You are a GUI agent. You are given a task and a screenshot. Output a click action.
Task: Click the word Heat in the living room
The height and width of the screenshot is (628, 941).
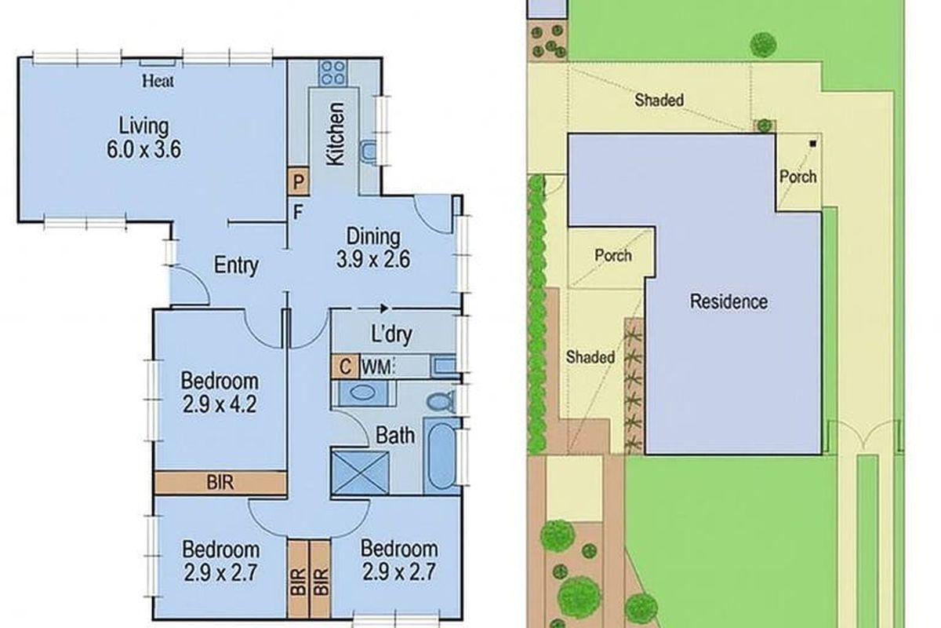coord(158,81)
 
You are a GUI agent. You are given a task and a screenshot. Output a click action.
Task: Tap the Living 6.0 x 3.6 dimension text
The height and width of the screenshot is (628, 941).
coord(144,137)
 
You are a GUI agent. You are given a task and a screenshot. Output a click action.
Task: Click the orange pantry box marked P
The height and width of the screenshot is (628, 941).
coord(298,181)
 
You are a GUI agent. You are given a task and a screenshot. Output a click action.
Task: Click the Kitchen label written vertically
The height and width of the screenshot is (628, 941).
coord(335,133)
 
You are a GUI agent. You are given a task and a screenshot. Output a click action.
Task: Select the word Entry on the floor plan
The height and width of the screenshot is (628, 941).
coord(236,265)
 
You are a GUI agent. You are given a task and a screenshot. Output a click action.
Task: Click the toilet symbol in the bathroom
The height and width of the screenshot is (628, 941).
coord(441,400)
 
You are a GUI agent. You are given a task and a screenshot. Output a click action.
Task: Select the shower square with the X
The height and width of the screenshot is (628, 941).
coord(357,470)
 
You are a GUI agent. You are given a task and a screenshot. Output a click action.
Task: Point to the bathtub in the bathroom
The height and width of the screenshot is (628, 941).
coord(441,458)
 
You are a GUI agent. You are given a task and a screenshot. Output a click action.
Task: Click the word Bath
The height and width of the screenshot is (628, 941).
coord(395,434)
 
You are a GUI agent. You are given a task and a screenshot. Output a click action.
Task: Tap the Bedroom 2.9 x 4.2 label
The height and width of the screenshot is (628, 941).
coord(220,393)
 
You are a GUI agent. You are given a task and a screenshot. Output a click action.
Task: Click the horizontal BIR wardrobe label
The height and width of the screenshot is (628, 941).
coord(220,482)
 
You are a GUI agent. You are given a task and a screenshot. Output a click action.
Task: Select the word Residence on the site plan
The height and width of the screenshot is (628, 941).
coord(728,301)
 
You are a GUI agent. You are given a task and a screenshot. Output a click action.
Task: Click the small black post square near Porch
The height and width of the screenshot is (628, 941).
coord(812,144)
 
